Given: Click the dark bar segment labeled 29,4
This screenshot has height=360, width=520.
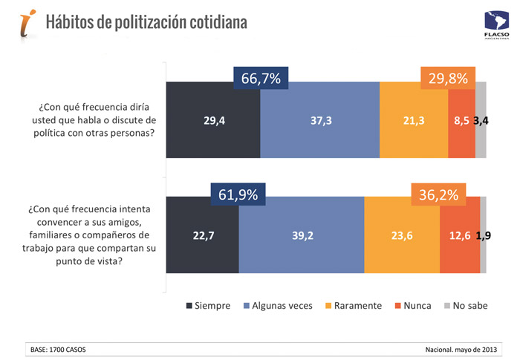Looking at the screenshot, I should (x=212, y=120).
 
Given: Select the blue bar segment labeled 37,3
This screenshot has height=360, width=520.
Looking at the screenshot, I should (x=319, y=120).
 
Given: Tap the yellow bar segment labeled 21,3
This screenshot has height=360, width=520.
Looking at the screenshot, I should (x=413, y=120).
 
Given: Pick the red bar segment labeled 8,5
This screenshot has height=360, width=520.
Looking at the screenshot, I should (x=461, y=120).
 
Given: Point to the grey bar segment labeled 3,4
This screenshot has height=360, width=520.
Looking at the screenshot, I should (x=481, y=120).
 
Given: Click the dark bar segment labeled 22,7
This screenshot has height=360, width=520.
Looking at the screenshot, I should (x=202, y=235).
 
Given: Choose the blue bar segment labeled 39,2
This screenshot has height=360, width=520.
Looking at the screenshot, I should (x=301, y=235).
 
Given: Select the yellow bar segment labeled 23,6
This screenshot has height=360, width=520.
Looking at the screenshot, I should (x=401, y=235).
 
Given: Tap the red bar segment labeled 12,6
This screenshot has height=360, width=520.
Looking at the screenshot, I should (x=459, y=235).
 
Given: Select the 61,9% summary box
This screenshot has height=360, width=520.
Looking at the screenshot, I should (x=238, y=195).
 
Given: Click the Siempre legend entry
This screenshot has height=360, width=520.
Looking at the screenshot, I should (x=208, y=306).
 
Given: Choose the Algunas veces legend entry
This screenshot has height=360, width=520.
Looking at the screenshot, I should (x=278, y=306).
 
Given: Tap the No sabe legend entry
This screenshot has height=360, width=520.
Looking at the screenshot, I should (x=467, y=306).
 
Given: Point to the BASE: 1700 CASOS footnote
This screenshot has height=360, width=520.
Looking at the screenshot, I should (x=62, y=348).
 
